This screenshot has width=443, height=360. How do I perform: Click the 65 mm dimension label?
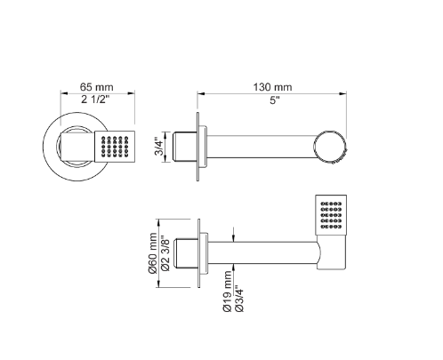(x=96, y=87)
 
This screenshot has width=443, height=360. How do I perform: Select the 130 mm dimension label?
(x=272, y=87)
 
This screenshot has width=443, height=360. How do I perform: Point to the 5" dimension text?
(x=275, y=100)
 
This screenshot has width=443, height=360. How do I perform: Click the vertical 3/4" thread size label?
(x=159, y=147)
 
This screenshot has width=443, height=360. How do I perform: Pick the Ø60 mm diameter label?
(x=152, y=253)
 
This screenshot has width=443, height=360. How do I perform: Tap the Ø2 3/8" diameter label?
(x=165, y=253)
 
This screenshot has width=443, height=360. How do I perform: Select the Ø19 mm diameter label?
(x=228, y=292)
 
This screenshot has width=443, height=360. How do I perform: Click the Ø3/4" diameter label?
(x=239, y=299)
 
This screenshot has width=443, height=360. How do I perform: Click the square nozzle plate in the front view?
(x=115, y=147)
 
